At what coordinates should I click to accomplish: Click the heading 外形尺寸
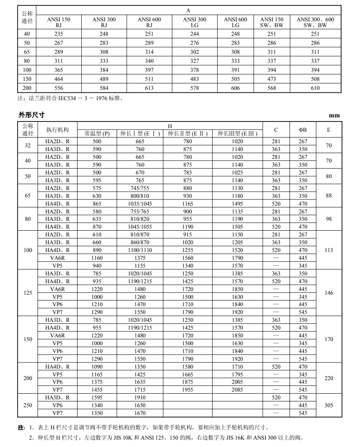click(x=30, y=115)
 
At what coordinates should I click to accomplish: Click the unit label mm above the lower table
click(x=335, y=116)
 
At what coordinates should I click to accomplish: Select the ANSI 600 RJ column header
click(x=149, y=22)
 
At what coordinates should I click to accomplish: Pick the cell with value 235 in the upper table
click(x=59, y=34)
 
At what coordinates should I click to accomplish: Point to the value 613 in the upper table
click(x=149, y=88)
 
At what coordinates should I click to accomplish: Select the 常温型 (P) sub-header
click(x=97, y=134)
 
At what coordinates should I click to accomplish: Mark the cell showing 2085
click(x=237, y=390)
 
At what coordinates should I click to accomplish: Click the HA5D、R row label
click(x=57, y=397)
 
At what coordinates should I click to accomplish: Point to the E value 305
click(x=328, y=405)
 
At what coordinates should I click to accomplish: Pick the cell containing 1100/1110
click(x=141, y=250)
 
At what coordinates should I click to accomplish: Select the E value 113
click(x=328, y=250)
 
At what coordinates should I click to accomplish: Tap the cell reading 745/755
click(x=141, y=188)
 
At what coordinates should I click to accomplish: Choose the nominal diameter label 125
click(x=28, y=293)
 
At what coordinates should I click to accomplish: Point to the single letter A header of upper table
click(x=188, y=10)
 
